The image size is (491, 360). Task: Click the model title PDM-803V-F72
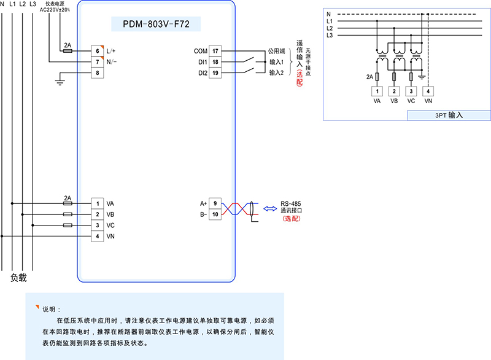156,24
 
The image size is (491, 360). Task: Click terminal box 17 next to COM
215,51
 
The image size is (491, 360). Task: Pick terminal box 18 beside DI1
215,62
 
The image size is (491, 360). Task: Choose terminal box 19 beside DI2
215,73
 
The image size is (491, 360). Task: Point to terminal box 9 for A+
215,203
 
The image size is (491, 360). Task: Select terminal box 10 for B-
215,214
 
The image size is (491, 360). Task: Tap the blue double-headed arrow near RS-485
270,209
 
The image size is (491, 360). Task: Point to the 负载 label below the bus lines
19,278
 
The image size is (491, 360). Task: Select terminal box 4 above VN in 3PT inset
428,91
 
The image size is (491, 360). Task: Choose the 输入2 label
276,73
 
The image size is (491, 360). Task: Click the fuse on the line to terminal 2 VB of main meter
68,214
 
